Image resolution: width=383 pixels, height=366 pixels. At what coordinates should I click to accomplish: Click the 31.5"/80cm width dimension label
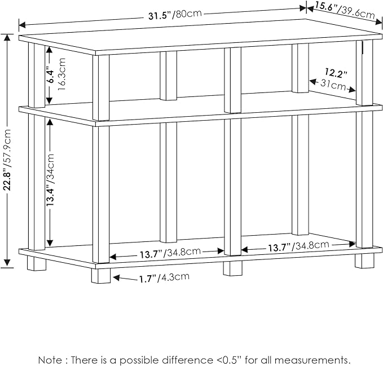(175, 15)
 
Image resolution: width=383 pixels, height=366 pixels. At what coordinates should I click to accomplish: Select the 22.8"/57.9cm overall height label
(7, 160)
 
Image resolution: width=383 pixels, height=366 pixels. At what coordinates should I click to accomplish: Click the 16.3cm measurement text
(62, 74)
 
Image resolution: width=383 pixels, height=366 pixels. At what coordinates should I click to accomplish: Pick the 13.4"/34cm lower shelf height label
(50, 179)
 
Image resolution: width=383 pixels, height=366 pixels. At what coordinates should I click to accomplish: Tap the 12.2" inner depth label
(336, 73)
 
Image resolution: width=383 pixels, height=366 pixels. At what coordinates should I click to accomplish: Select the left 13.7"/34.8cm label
(170, 253)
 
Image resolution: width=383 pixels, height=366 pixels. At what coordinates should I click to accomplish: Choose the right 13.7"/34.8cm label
(299, 246)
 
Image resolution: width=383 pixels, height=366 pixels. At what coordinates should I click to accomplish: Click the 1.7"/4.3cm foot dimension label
(164, 277)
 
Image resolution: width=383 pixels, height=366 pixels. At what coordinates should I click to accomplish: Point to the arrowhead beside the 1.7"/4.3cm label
(116, 277)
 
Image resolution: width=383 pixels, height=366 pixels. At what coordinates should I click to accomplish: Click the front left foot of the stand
(100, 276)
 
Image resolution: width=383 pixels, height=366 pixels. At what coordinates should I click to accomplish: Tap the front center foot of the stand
(233, 268)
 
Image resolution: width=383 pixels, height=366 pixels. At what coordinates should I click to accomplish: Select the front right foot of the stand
(364, 261)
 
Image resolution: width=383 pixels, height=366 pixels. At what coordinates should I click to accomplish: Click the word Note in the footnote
(50, 360)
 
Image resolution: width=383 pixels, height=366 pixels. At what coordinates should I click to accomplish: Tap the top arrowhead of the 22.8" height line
(7, 37)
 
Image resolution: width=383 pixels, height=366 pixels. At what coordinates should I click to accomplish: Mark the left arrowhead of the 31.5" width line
(22, 25)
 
